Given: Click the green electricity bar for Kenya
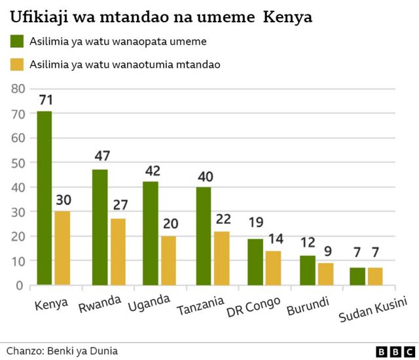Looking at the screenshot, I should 45,198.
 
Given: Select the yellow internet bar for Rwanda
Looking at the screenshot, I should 118,252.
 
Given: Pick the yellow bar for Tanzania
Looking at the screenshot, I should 221,259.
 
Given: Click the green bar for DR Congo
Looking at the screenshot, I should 255,262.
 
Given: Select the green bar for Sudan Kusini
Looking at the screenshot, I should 357,277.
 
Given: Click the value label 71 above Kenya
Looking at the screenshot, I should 45,100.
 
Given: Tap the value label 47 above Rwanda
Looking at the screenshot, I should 101,156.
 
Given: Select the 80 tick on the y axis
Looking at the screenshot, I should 18,88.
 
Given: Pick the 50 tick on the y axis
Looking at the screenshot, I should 18,162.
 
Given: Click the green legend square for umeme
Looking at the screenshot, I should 17,41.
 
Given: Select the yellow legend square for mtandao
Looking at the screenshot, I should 17,64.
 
